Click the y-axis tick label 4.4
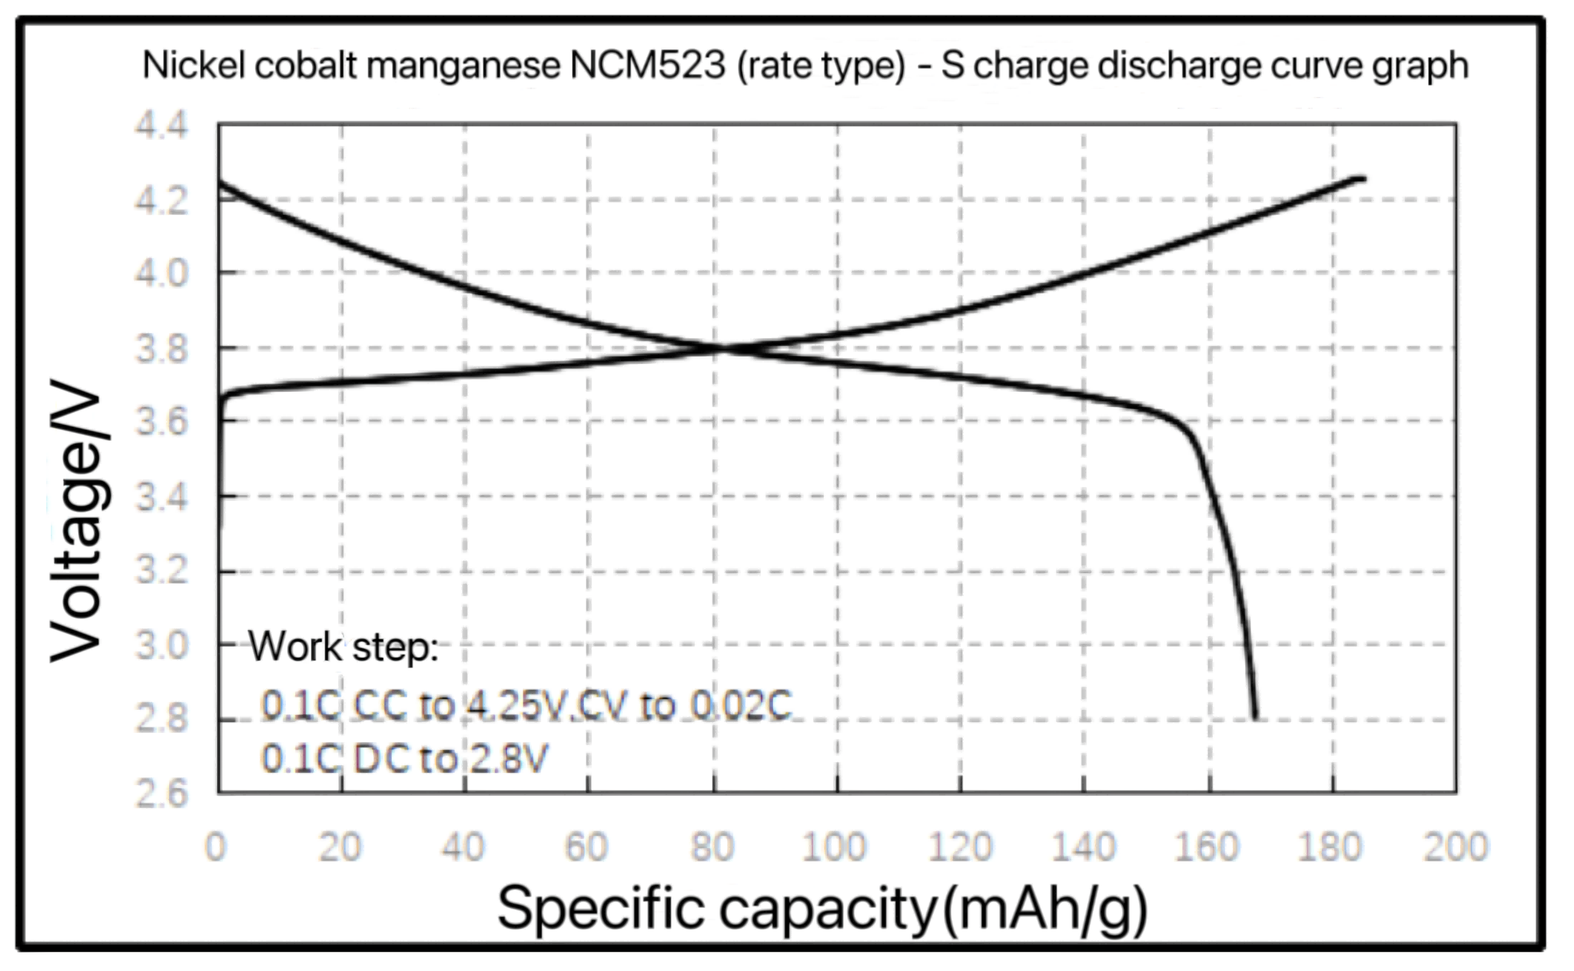(x=160, y=124)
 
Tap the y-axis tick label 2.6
(x=160, y=794)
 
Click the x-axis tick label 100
(x=835, y=847)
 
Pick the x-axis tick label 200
(x=1455, y=847)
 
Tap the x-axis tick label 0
(x=216, y=847)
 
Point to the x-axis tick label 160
(x=1207, y=847)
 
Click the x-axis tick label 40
(x=463, y=847)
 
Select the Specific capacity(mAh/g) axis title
(x=822, y=908)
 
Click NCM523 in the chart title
(x=648, y=66)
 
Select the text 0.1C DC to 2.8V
(x=405, y=758)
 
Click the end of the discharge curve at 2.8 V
(x=1255, y=718)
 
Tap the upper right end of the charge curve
(x=1362, y=179)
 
